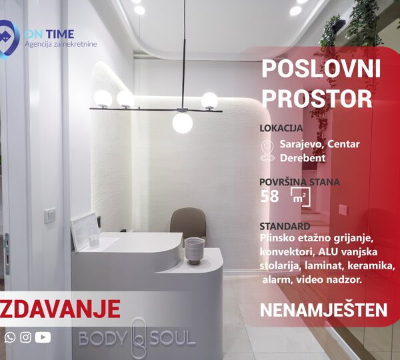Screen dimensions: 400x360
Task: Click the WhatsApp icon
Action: tap(10, 337)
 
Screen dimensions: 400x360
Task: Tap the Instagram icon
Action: tap(25, 337)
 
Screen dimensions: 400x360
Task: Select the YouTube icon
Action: tap(43, 337)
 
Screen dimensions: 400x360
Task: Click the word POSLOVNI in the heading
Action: tap(321, 69)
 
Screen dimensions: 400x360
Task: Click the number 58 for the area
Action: tap(269, 197)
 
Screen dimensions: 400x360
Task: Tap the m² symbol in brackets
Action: tap(301, 197)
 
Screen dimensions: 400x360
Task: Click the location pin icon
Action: tap(267, 151)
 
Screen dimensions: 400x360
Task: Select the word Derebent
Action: tap(303, 158)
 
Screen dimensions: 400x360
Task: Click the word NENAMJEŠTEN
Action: tap(323, 310)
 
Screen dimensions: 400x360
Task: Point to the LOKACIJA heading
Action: tap(281, 129)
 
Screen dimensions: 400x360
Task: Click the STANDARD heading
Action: tap(285, 226)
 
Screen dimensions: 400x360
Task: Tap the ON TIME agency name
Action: tap(49, 34)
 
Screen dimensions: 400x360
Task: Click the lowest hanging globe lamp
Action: tap(183, 123)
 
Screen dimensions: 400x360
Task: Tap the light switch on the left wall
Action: tap(50, 215)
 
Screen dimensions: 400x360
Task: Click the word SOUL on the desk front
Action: tap(173, 339)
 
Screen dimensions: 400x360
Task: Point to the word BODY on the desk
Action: tap(103, 339)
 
